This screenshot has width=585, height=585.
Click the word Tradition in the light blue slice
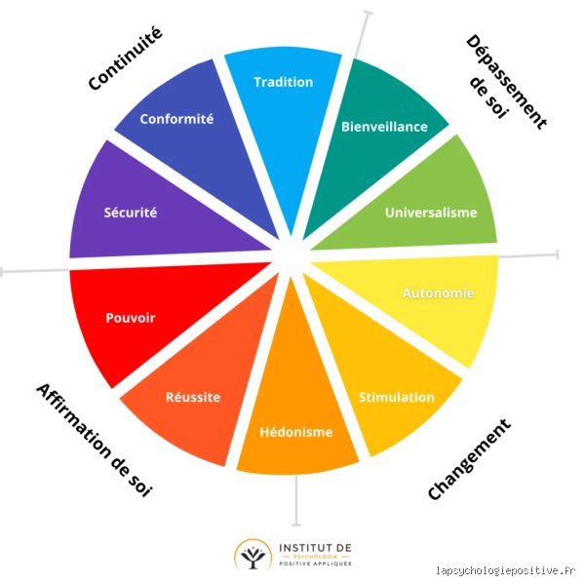click(x=284, y=82)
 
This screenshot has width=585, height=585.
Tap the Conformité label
click(x=176, y=119)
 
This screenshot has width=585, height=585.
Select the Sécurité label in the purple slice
click(x=131, y=213)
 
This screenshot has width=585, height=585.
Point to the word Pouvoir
click(x=131, y=318)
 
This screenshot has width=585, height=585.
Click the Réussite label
click(x=193, y=397)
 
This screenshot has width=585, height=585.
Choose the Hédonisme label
click(x=296, y=432)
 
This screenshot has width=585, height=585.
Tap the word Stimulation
click(x=397, y=398)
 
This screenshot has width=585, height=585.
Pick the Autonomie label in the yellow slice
click(x=439, y=293)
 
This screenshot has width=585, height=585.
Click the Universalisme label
click(x=431, y=213)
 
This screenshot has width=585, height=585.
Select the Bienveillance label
click(x=385, y=127)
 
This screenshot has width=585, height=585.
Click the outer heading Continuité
click(x=126, y=58)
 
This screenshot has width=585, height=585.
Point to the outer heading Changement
click(x=469, y=459)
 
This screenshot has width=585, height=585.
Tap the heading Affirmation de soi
click(x=94, y=441)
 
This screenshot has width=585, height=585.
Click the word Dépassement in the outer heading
click(x=507, y=81)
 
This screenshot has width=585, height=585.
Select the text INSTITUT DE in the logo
click(x=315, y=548)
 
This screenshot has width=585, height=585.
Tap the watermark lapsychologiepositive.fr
click(x=505, y=570)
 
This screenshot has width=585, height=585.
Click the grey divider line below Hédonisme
click(x=296, y=500)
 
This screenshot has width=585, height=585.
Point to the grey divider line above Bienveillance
click(x=363, y=34)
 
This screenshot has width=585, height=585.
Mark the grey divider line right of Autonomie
click(x=529, y=255)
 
